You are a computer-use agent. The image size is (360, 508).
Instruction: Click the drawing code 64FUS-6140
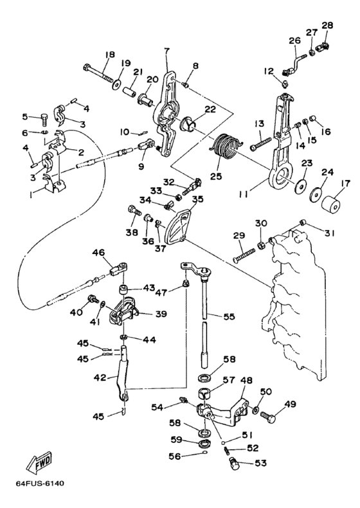point(40,484)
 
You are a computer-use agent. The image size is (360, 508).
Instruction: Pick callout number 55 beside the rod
point(229,316)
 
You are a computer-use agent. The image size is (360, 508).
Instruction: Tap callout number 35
point(197,199)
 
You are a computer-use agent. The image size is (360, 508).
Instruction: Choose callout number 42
point(100,377)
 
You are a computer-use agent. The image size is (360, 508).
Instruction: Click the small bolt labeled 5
point(45,120)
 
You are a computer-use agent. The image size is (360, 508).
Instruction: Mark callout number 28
point(327,25)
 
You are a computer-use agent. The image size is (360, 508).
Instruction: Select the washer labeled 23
point(301,185)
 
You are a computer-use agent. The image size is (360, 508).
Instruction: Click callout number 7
point(167,50)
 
